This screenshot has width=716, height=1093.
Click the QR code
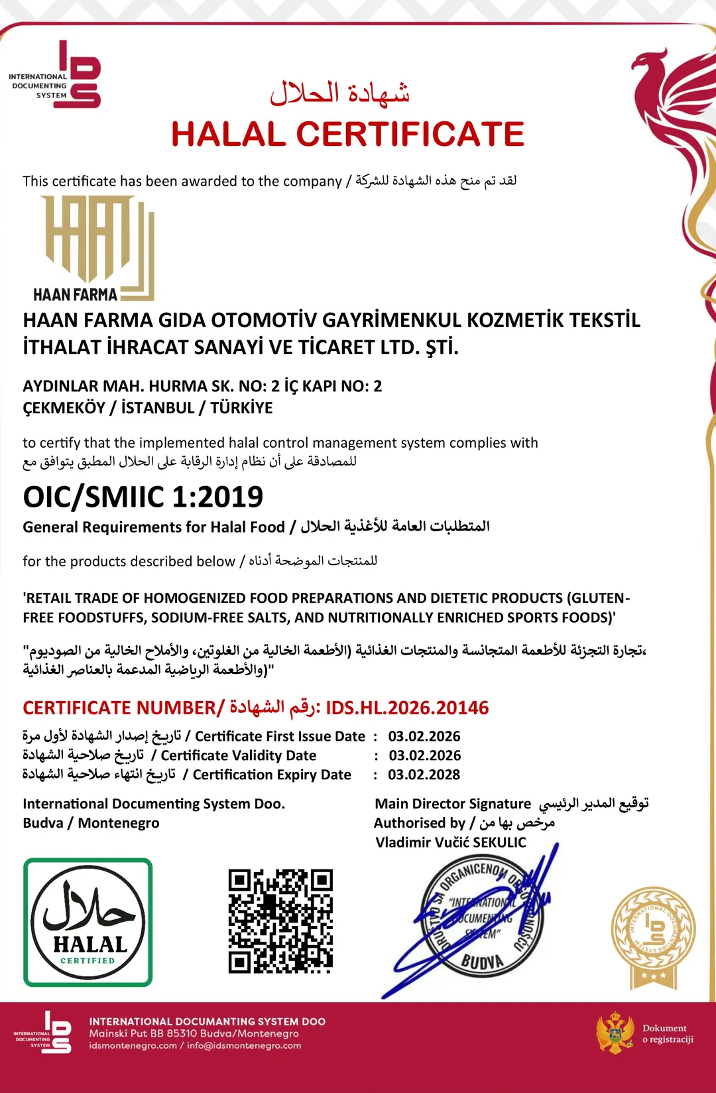[280, 921]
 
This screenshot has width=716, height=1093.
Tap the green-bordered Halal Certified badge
[88, 922]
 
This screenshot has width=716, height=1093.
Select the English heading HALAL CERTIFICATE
[347, 134]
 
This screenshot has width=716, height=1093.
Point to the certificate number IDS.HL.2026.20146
[407, 708]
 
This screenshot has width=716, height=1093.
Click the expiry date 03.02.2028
[424, 775]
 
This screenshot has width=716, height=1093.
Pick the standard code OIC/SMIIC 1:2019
[143, 497]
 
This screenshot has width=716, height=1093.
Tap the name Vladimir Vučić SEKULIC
[450, 842]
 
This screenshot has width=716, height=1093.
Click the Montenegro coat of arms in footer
[615, 1033]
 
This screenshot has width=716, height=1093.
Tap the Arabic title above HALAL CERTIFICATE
[339, 93]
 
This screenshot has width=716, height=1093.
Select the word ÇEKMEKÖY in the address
[64, 408]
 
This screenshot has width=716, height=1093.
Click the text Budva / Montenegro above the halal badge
[91, 823]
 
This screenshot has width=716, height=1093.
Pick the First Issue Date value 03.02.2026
[424, 736]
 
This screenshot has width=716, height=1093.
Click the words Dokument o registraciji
[667, 1033]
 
